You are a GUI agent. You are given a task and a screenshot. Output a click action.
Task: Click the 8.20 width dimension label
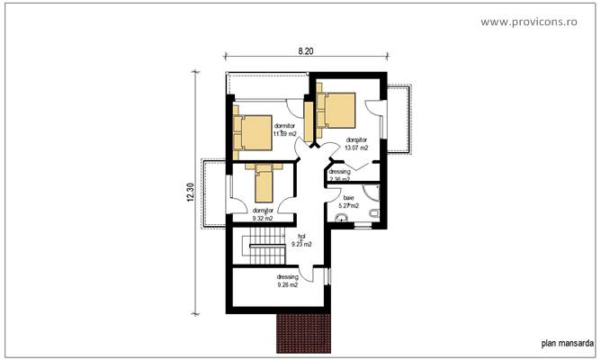306,51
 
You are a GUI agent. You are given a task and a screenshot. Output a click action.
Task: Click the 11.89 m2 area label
284,134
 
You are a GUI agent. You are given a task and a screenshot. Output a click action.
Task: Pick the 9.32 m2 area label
263,218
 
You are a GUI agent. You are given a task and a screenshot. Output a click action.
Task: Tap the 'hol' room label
302,236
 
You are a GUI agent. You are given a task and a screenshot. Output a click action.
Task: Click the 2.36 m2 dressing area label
339,179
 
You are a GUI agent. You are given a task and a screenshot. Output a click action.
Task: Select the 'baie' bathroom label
348,198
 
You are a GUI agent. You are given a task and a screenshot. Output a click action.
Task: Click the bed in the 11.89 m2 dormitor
253,131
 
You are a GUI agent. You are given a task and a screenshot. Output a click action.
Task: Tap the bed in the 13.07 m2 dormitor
336,110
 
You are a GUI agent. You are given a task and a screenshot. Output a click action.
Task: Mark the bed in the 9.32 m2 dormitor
265,183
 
